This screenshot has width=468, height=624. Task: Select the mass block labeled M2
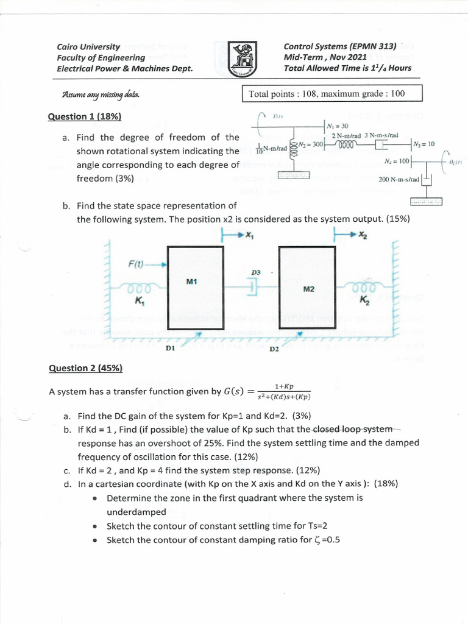point(308,288)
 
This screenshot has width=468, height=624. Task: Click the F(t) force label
point(136,264)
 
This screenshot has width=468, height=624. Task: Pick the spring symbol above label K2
point(364,287)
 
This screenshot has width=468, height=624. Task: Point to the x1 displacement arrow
point(238,235)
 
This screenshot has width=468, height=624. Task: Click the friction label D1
point(170,348)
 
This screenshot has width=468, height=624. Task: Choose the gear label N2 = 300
point(310,144)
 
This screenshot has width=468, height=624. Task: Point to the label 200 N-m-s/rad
point(398,180)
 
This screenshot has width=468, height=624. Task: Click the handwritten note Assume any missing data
point(100,95)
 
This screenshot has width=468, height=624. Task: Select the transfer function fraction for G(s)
point(284,392)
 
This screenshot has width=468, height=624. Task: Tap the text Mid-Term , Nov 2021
point(325,57)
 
